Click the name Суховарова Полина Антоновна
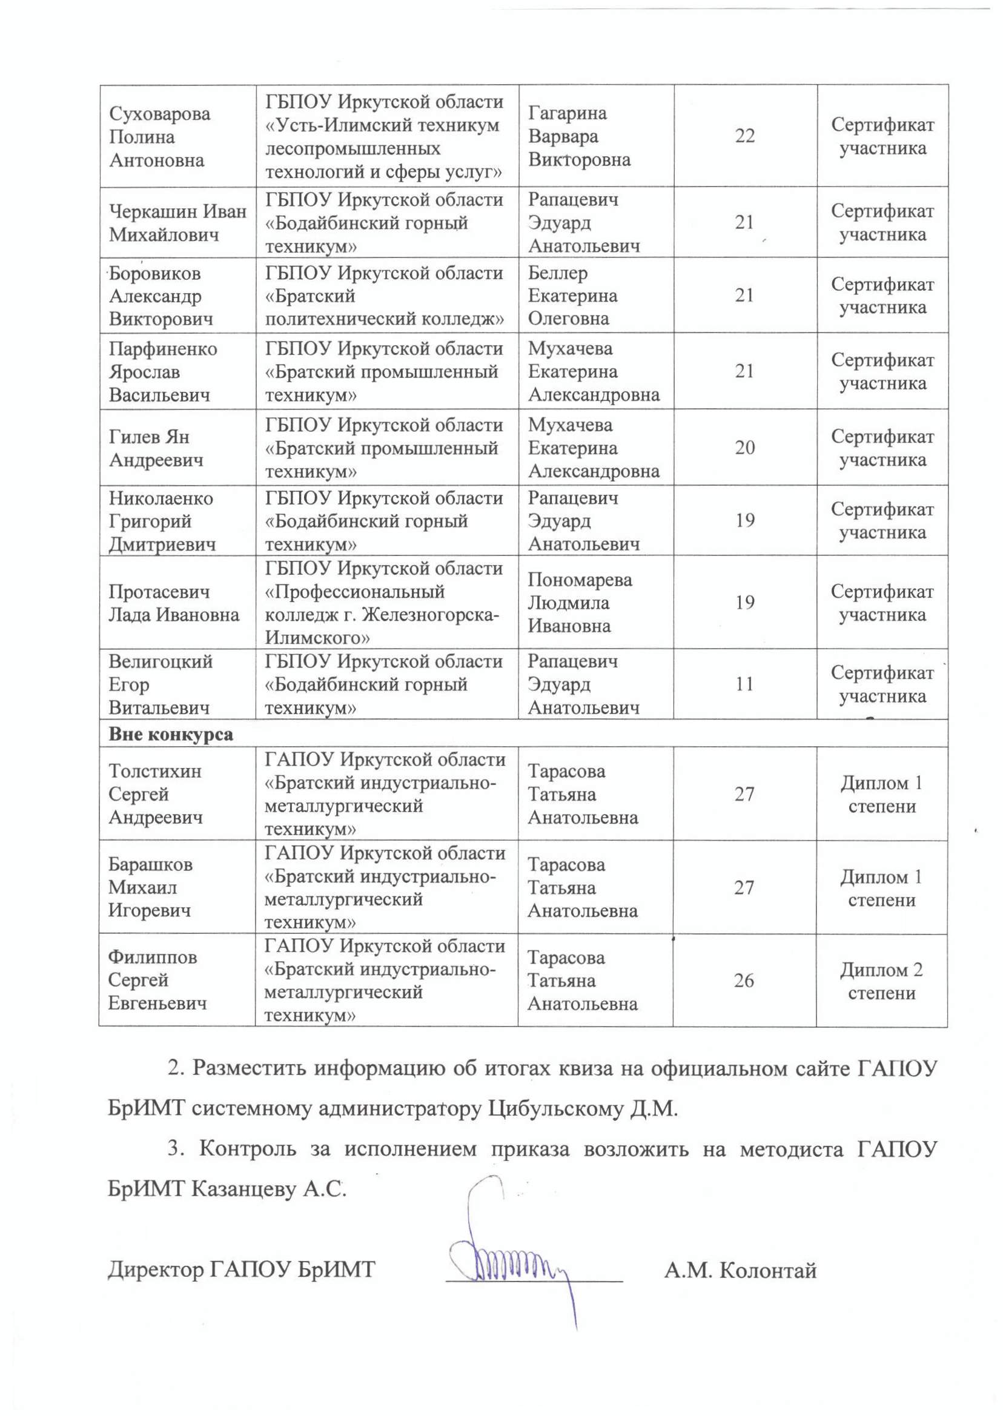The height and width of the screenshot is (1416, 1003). pos(159,136)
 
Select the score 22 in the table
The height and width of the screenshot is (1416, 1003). pos(745,136)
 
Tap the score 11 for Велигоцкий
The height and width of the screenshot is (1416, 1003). pos(745,684)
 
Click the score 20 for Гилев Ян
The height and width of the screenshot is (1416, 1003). pos(745,448)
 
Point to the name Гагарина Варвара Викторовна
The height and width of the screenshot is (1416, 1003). pos(578,136)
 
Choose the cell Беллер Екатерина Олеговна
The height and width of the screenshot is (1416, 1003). pos(572,296)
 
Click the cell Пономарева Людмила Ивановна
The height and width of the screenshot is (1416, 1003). pos(579,603)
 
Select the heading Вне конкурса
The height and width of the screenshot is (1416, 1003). pos(171,734)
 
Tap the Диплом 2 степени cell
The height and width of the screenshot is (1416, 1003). pos(881,981)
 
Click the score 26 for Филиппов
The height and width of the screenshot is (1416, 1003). pos(744,981)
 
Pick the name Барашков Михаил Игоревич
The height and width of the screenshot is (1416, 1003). pos(150,887)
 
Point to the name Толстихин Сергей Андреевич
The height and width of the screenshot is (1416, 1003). pos(155,794)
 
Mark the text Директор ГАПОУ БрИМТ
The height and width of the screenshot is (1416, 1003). pos(242,1271)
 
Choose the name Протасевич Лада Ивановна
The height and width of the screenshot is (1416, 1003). pos(174,603)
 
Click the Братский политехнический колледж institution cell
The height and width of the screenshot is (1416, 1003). pos(384,296)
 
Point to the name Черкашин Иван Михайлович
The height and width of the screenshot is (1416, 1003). pos(177,223)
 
